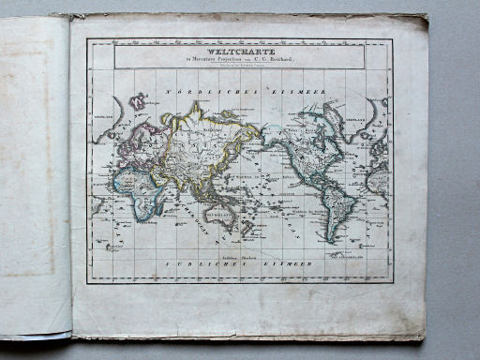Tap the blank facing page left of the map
pyautogui.click(x=35, y=178)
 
